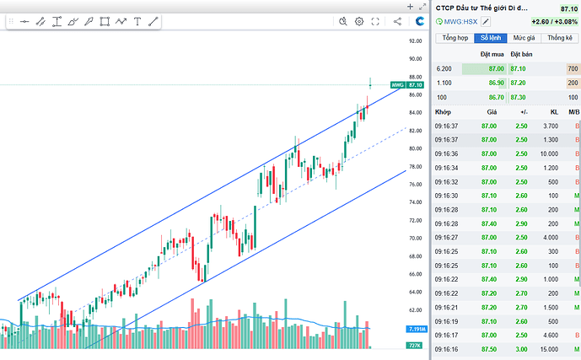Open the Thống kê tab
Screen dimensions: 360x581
(559, 38)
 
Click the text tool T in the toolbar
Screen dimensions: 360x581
(137, 21)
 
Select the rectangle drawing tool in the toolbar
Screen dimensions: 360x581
(105, 21)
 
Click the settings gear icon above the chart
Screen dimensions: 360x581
(358, 21)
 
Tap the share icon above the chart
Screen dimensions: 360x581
(397, 21)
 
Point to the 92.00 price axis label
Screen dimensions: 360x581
(415, 40)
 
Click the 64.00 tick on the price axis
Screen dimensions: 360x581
(415, 292)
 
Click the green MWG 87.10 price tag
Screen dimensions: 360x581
(406, 85)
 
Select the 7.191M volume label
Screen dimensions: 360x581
(415, 329)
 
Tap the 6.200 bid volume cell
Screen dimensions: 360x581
(444, 68)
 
